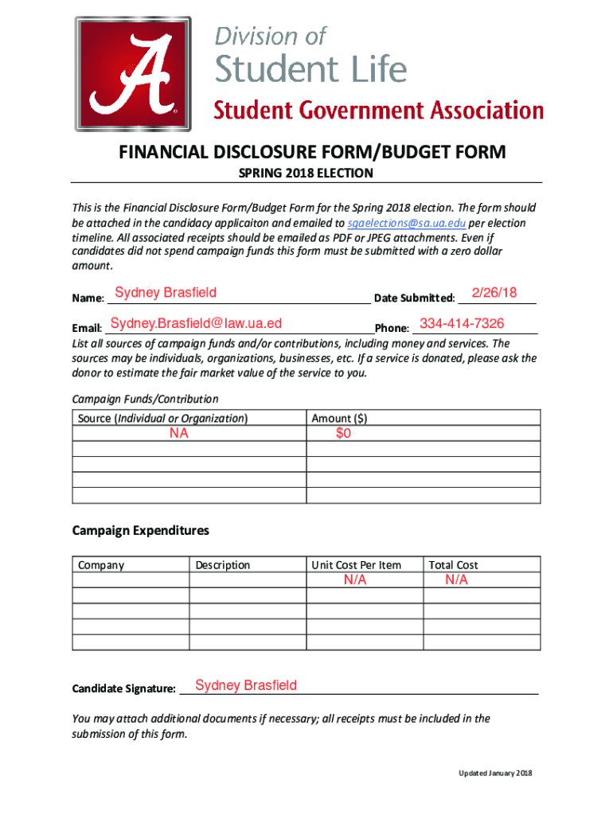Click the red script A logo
[x=134, y=74]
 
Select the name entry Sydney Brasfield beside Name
[x=166, y=293]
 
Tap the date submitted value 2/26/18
[x=494, y=293]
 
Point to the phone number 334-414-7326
[x=462, y=324]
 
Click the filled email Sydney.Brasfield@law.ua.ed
[x=197, y=323]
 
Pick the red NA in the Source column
[x=178, y=434]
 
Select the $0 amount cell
[x=343, y=434]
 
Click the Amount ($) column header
[x=339, y=418]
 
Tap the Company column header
[x=101, y=565]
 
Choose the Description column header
[x=223, y=565]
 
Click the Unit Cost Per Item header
[x=356, y=565]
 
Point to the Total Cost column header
[x=453, y=565]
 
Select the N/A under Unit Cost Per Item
[x=355, y=581]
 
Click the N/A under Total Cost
[x=457, y=581]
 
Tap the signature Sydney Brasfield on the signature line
[x=246, y=685]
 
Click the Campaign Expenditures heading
[x=140, y=530]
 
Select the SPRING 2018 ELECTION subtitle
[x=306, y=174]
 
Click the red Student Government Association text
[x=378, y=110]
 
